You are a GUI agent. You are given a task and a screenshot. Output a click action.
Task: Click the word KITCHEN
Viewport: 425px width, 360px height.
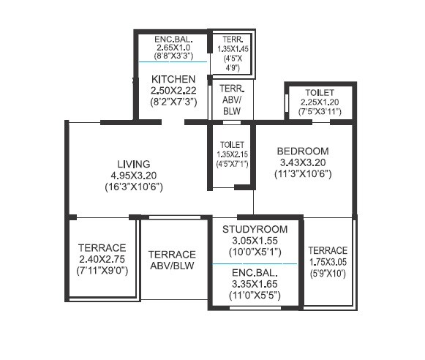tap(173, 79)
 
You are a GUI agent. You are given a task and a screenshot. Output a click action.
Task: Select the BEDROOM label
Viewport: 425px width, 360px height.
tap(303, 151)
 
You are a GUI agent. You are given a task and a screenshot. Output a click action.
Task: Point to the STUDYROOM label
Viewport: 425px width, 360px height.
tap(255, 229)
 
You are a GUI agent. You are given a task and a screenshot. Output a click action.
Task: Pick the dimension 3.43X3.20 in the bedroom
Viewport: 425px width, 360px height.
tap(303, 162)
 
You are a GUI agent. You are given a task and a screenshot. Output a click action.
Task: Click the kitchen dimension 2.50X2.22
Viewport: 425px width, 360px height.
tap(173, 90)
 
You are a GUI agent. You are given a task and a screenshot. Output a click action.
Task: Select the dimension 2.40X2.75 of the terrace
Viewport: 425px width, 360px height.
tap(102, 260)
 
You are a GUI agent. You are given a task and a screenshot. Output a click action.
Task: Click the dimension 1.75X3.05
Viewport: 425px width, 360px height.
tap(328, 261)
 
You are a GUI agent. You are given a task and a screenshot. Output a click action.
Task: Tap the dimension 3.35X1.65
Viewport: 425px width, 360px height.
tap(255, 284)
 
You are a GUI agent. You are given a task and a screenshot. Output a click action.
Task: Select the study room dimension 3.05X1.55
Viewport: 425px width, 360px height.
tap(255, 240)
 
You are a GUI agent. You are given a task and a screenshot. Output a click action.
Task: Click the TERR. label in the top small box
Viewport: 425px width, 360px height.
tap(232, 38)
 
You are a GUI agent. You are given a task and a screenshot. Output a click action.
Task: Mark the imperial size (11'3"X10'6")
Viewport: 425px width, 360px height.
tap(303, 174)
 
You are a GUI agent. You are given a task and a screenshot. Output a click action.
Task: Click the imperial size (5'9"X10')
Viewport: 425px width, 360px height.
tap(328, 273)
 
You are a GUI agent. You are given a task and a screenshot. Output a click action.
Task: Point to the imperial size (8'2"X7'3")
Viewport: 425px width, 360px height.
tap(173, 102)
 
